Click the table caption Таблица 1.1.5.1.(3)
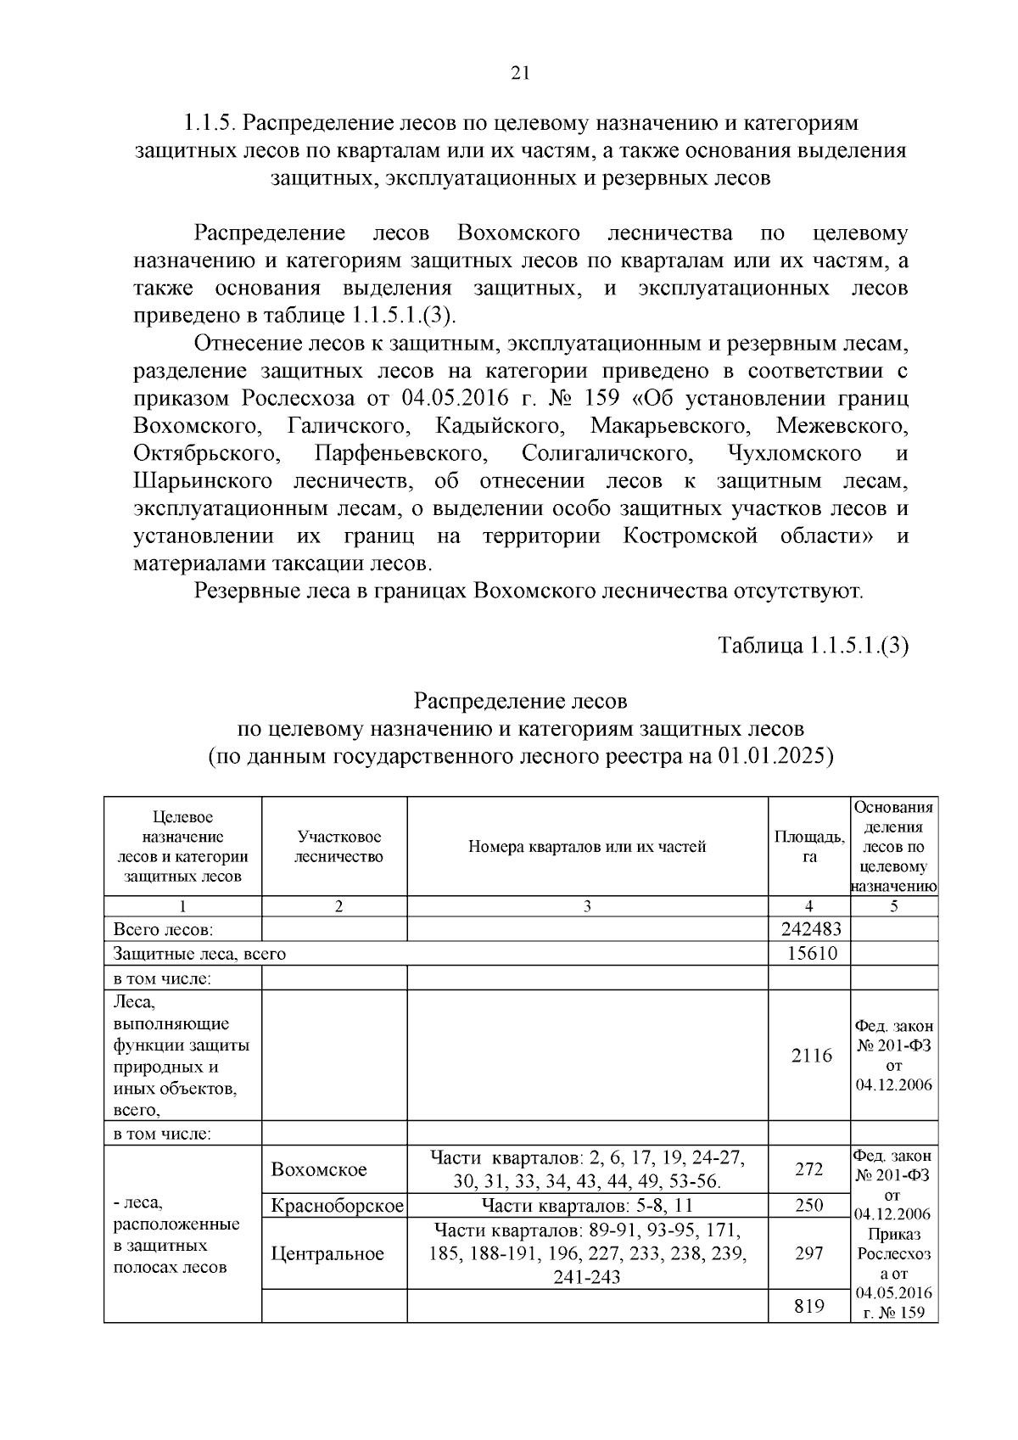[813, 645]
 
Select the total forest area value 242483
[809, 929]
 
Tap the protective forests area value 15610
[809, 953]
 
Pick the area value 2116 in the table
[809, 1056]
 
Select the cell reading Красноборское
[334, 1206]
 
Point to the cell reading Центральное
[327, 1253]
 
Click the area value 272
[809, 1169]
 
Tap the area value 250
[809, 1206]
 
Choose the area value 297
[809, 1253]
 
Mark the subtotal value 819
[809, 1306]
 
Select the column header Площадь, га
[809, 847]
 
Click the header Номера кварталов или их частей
[587, 847]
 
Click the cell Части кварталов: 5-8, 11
[587, 1206]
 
